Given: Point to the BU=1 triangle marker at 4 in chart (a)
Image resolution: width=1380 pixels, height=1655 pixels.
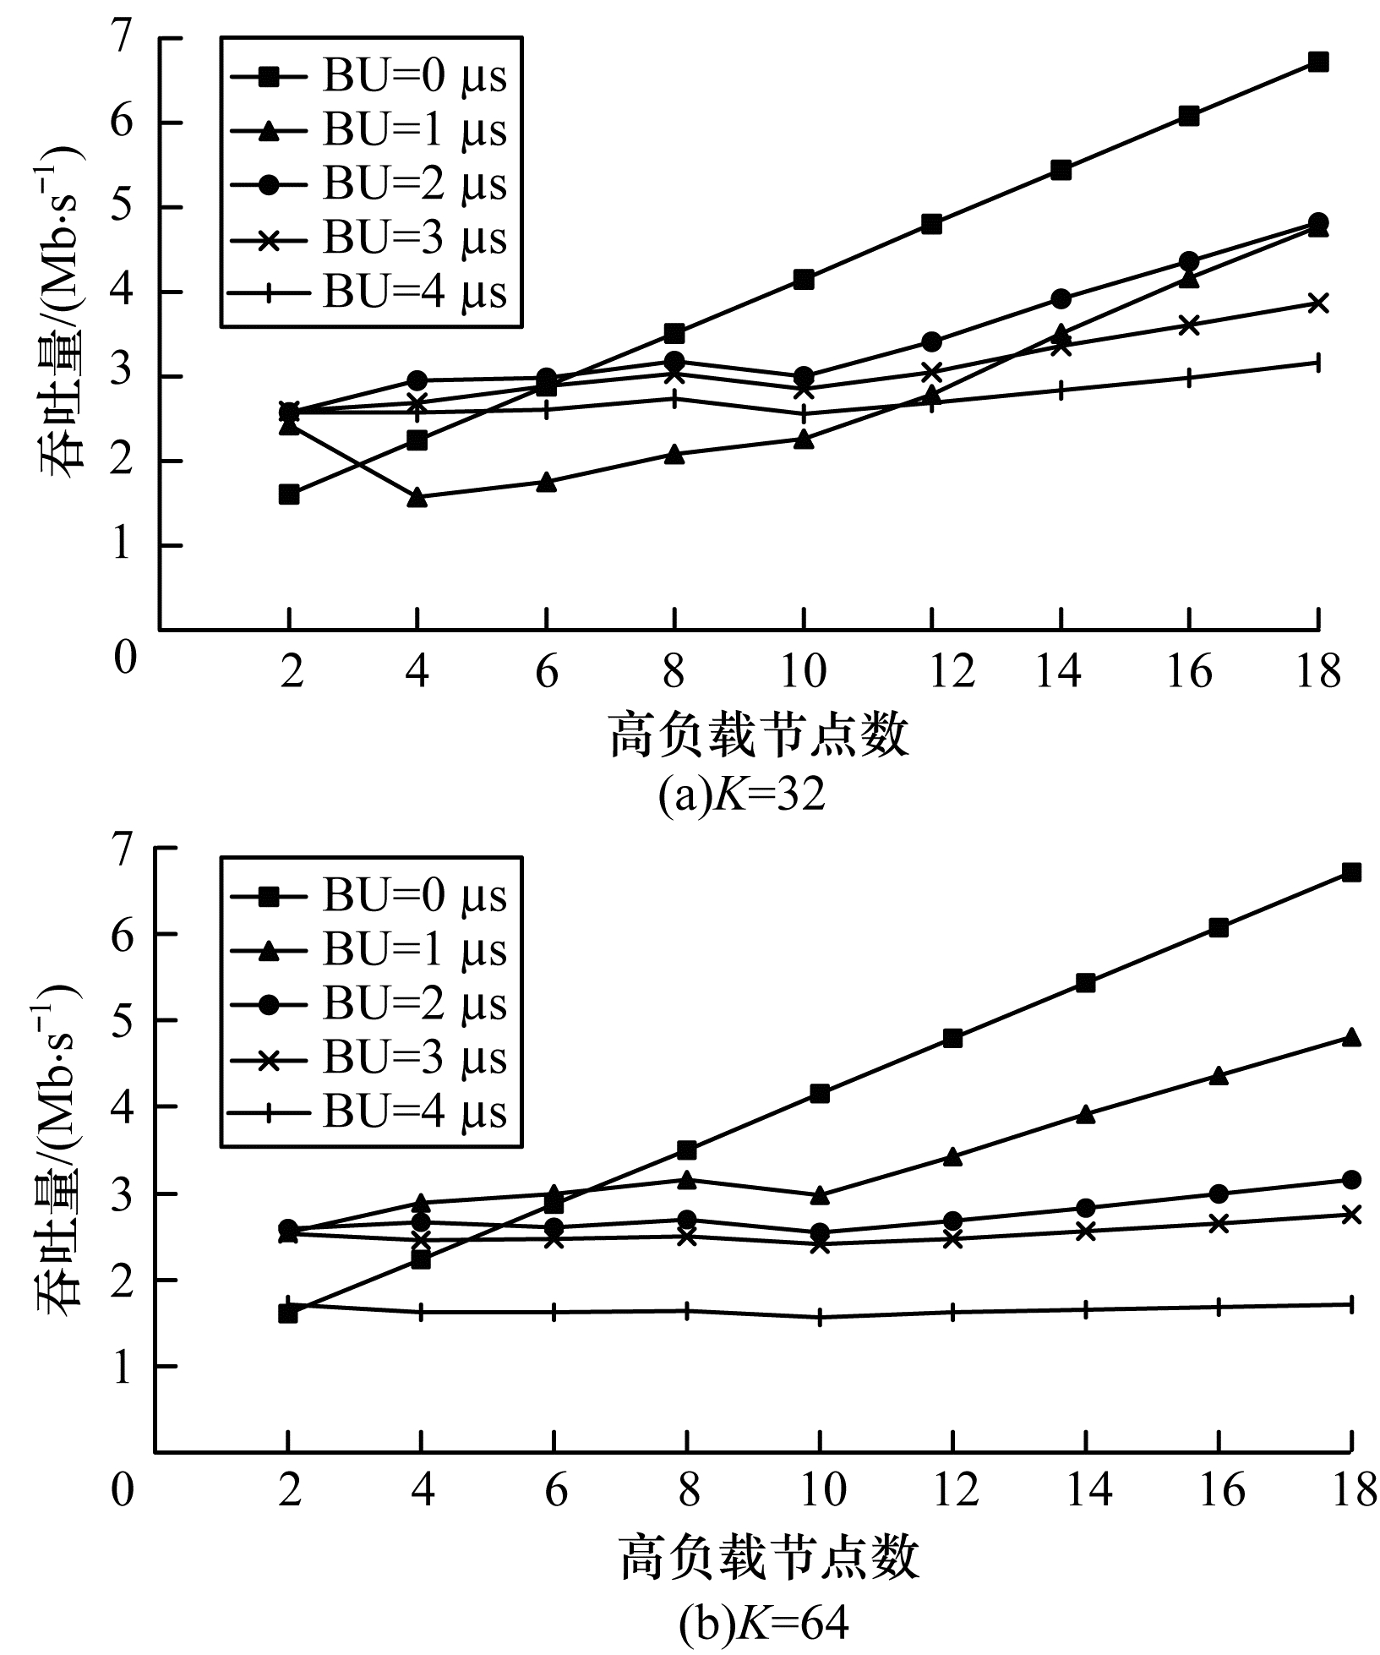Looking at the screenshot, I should point(417,498).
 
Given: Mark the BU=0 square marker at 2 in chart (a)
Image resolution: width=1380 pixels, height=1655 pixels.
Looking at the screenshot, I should point(289,494).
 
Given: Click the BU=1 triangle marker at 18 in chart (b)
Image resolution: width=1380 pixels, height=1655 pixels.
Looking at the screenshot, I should point(1351,1037).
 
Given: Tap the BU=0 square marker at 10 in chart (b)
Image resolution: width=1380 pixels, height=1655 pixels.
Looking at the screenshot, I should point(819,1094).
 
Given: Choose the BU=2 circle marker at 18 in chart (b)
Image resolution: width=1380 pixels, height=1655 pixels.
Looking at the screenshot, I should point(1351,1179).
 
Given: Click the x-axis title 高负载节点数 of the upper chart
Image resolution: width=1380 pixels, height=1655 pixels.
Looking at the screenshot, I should point(759,735).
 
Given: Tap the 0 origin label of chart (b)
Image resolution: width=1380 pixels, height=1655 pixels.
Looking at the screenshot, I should point(123,1490).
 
